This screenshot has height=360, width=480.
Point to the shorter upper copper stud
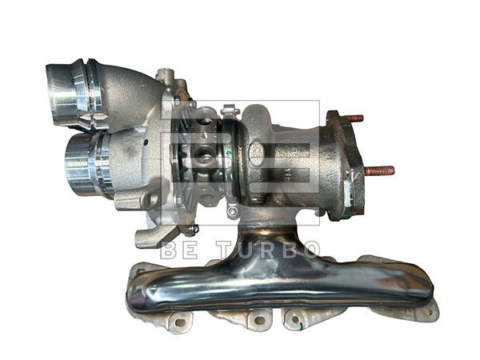pos(354,118)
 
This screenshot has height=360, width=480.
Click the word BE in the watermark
pos(178,249)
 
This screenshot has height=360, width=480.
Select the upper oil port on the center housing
pos(206,122)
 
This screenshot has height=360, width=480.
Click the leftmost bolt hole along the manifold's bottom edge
pos(181,324)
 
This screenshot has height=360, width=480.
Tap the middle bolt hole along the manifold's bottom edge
pos(258,322)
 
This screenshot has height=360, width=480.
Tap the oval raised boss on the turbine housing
pos(257,153)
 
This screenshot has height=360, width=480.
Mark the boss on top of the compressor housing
pos(166,76)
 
